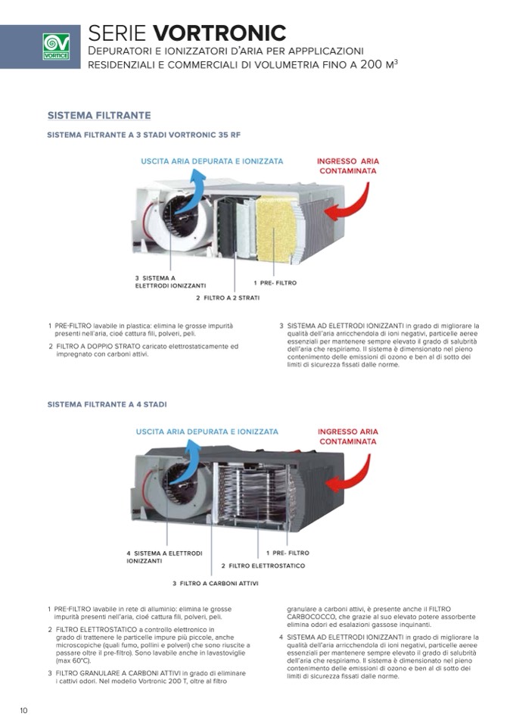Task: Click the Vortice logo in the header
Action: (55, 47)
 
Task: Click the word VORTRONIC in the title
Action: (219, 33)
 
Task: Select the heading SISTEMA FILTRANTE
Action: (99, 115)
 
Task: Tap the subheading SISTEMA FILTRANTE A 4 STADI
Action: (107, 405)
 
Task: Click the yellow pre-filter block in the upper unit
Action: (276, 227)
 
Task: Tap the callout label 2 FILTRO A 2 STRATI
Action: (228, 298)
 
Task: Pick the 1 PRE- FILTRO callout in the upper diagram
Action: (275, 282)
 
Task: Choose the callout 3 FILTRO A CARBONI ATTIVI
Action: (216, 583)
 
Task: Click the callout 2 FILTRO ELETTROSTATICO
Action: (263, 566)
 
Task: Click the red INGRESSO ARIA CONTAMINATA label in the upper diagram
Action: (348, 166)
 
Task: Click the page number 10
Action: (24, 710)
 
